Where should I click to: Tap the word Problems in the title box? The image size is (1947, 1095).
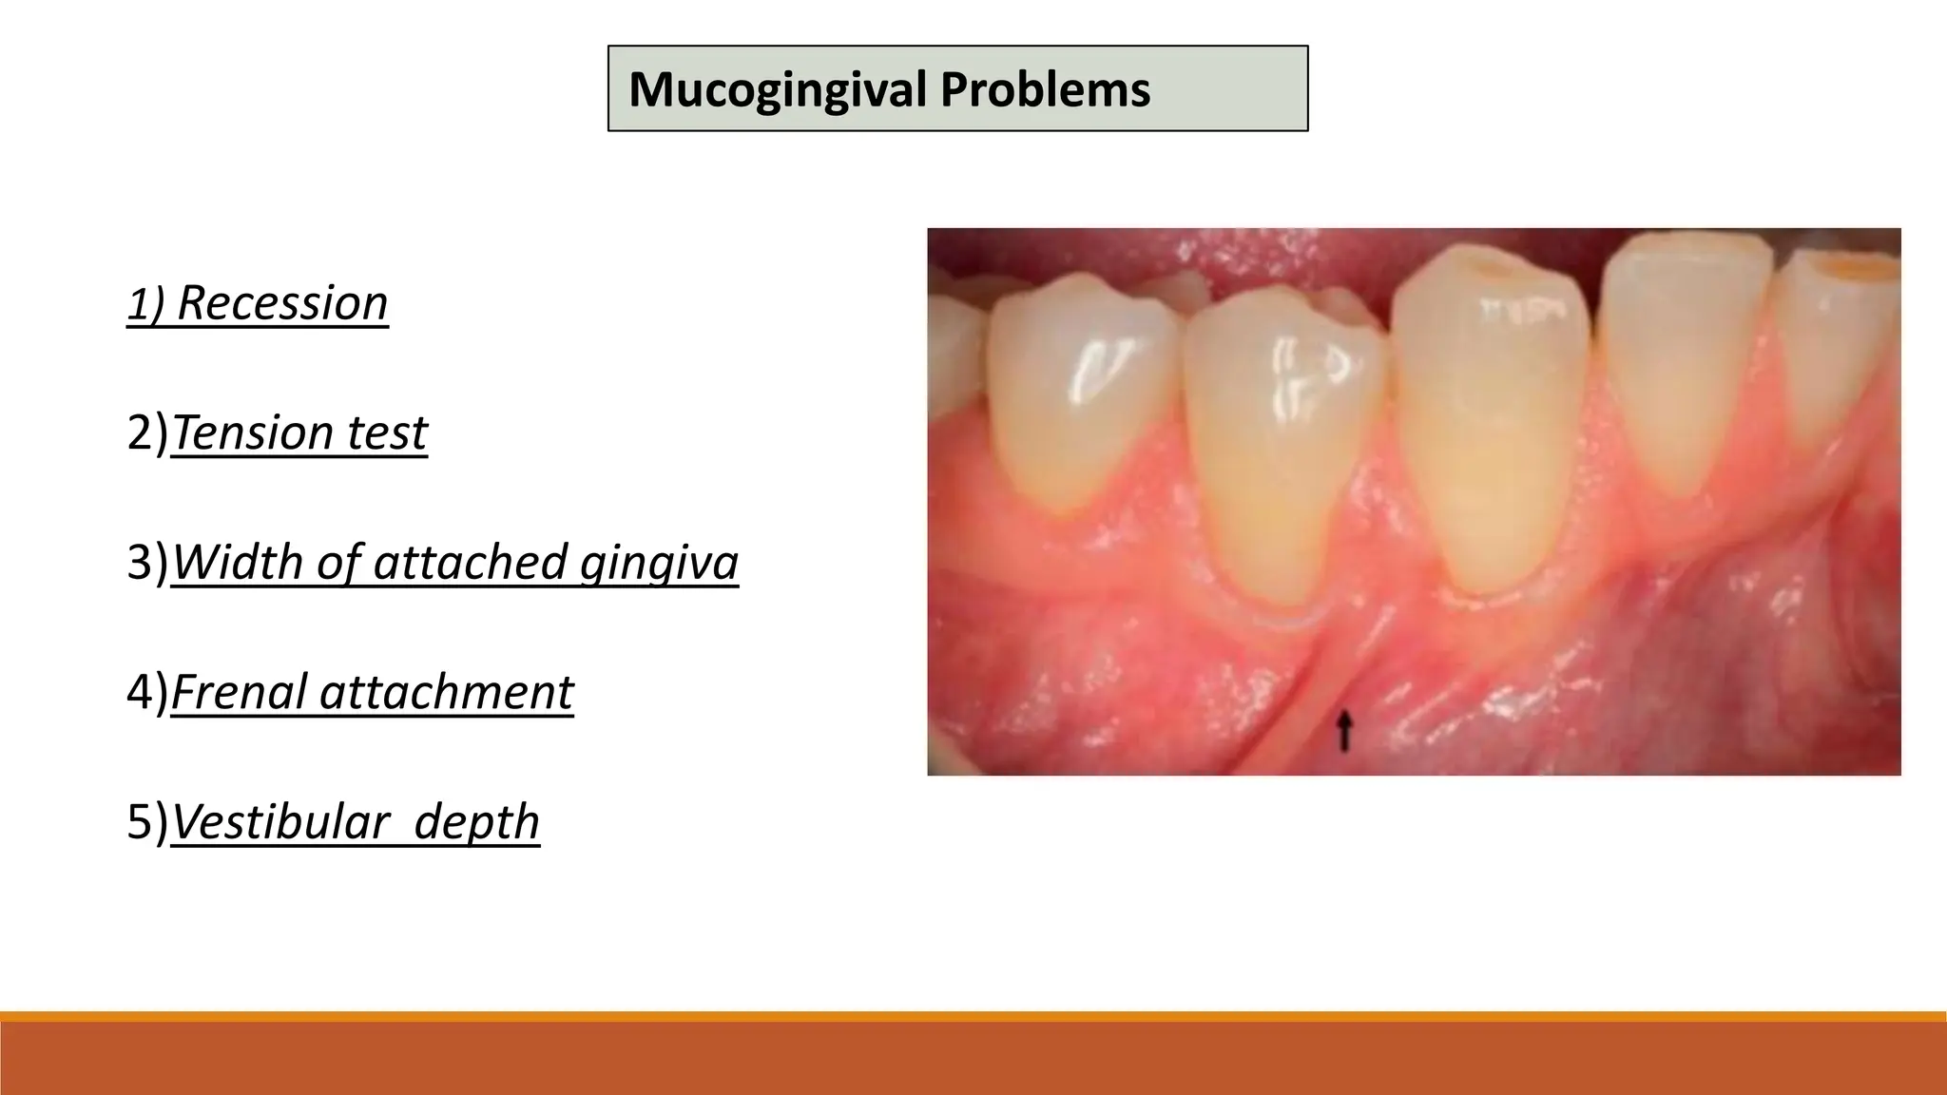(1045, 89)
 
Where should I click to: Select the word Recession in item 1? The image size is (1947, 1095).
(282, 303)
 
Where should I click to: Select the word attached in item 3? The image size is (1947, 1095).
(470, 563)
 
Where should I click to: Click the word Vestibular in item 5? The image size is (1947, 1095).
(280, 822)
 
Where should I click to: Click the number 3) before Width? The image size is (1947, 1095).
(146, 563)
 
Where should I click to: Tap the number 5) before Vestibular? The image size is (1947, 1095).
(146, 822)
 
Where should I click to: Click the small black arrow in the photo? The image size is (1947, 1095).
(1343, 732)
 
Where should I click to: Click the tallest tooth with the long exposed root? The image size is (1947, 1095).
(1488, 428)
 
